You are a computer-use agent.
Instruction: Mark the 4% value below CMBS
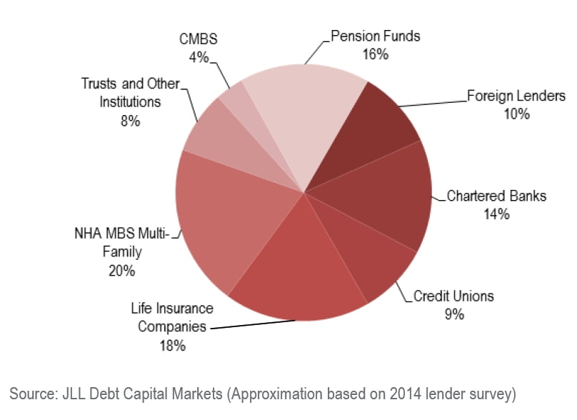coord(198,57)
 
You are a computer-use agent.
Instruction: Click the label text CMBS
coord(198,40)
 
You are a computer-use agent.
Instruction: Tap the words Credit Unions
coord(453,296)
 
